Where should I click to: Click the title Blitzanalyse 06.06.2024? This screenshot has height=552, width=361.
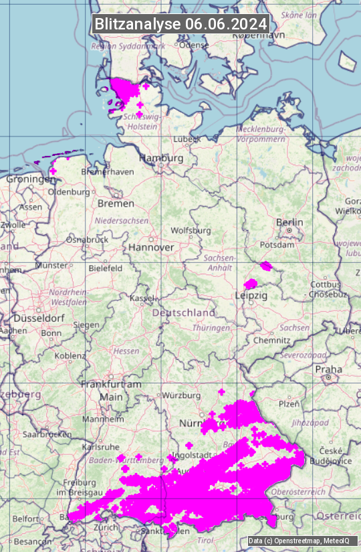(x=180, y=23)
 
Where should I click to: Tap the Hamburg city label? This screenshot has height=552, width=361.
(x=160, y=159)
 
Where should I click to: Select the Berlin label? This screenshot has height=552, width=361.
(x=289, y=222)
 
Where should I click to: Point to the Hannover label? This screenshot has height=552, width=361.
(x=151, y=247)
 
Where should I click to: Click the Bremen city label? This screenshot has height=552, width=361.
(x=116, y=203)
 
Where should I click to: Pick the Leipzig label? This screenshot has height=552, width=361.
(x=251, y=295)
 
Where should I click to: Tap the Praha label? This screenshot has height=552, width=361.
(x=328, y=369)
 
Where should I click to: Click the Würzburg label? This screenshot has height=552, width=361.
(x=181, y=395)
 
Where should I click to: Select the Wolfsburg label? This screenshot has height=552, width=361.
(x=191, y=230)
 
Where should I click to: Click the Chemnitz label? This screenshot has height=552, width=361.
(x=271, y=340)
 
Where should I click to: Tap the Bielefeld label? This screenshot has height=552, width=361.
(x=105, y=268)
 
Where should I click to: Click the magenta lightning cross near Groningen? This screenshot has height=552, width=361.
(x=53, y=171)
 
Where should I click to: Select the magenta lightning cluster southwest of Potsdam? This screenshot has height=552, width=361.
(x=266, y=266)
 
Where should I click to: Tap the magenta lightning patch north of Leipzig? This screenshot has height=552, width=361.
(x=251, y=284)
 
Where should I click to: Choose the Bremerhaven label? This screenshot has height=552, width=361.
(x=107, y=171)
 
